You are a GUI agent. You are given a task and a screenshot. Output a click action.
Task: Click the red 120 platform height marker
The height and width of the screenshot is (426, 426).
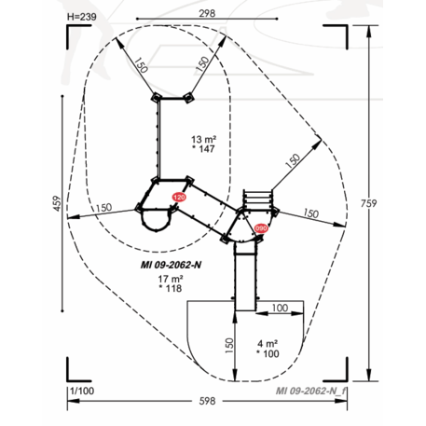(x=179, y=198)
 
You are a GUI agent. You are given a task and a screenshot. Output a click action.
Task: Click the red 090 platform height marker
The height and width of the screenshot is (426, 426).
(x=261, y=228)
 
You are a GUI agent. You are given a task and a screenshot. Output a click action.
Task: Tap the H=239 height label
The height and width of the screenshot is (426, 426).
(x=82, y=17)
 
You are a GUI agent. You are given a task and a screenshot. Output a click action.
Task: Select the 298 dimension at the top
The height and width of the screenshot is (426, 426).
(x=207, y=13)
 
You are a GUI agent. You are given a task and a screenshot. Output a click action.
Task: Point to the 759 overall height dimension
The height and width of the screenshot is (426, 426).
(x=368, y=203)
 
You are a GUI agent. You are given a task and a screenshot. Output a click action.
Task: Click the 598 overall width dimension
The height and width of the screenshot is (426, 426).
(x=207, y=401)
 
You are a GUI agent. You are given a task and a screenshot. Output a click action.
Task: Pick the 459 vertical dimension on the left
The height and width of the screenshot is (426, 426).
(x=57, y=203)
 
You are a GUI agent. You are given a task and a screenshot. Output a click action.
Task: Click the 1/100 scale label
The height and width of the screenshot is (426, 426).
(x=82, y=391)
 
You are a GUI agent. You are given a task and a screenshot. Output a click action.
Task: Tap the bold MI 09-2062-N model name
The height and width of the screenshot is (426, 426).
(x=171, y=265)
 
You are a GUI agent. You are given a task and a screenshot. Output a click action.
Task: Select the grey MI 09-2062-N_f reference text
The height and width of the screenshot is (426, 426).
(x=310, y=391)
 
